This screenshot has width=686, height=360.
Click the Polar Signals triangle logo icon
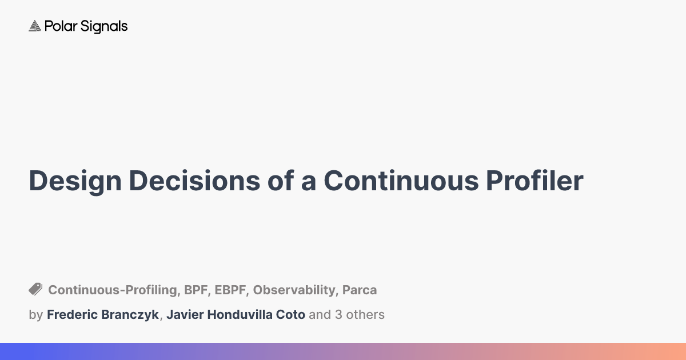click(35, 26)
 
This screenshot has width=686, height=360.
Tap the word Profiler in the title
click(535, 181)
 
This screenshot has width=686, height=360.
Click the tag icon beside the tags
click(35, 290)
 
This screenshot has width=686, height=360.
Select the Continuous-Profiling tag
click(112, 290)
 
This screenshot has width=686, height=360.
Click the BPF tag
click(196, 290)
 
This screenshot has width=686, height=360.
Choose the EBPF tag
click(230, 290)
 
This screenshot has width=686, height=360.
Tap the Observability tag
click(294, 290)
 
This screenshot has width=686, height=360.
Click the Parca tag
click(360, 290)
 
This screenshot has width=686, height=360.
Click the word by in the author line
click(35, 315)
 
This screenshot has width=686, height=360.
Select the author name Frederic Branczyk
click(103, 315)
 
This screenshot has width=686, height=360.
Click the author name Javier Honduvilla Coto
click(236, 315)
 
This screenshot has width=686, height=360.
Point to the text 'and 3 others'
click(347, 315)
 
